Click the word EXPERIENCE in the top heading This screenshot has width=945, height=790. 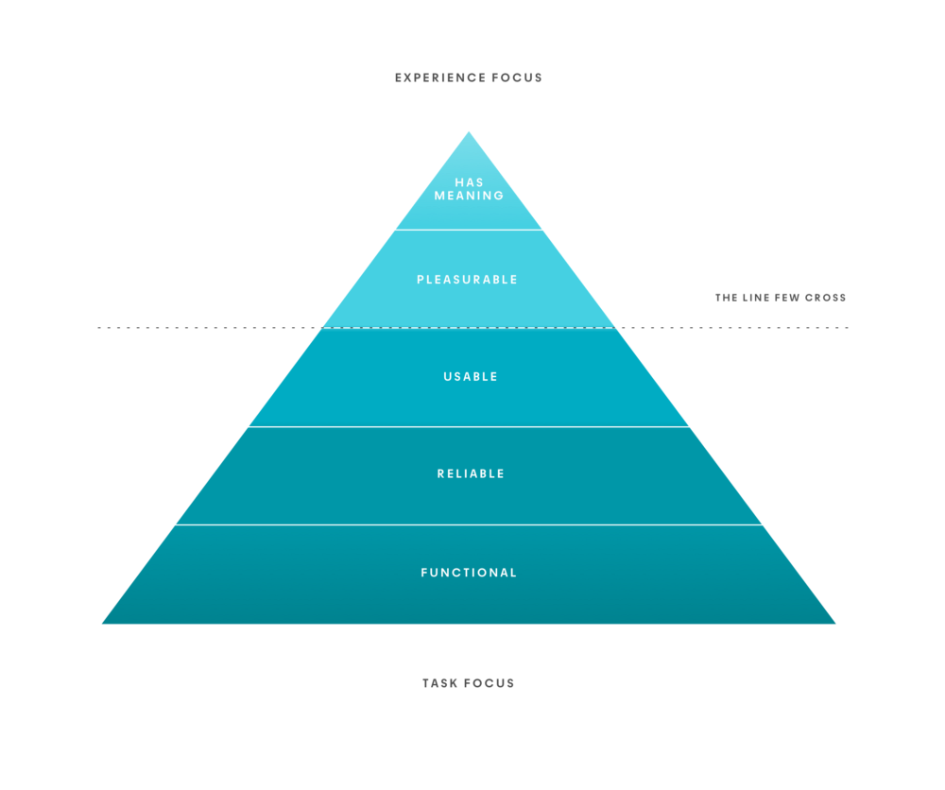[438, 77]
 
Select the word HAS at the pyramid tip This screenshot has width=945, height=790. [469, 182]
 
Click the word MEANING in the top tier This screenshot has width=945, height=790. [469, 196]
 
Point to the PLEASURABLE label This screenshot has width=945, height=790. [468, 280]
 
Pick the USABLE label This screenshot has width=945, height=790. [471, 377]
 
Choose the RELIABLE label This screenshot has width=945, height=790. [471, 473]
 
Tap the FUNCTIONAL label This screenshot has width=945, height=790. [469, 573]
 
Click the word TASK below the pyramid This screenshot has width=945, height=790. [440, 682]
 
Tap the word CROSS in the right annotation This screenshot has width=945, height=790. [827, 298]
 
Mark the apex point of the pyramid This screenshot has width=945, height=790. [469, 132]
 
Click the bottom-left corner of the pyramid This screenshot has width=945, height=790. [103, 623]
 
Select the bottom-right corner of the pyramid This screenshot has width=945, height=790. [834, 623]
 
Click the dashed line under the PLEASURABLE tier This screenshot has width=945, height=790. [189, 328]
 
